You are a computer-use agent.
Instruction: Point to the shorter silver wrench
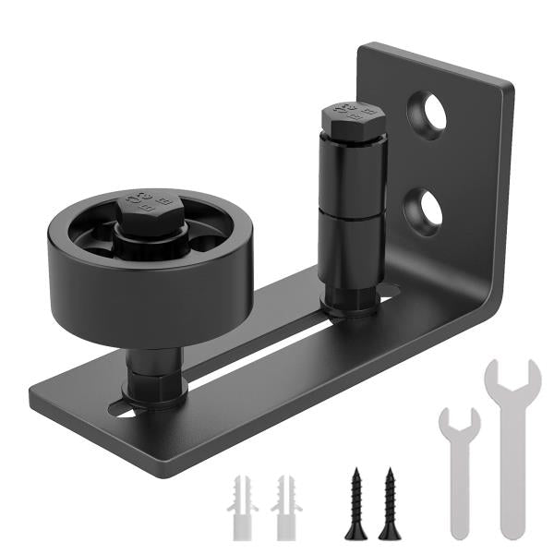pos(459,471)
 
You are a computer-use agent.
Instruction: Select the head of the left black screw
pos(355,475)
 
